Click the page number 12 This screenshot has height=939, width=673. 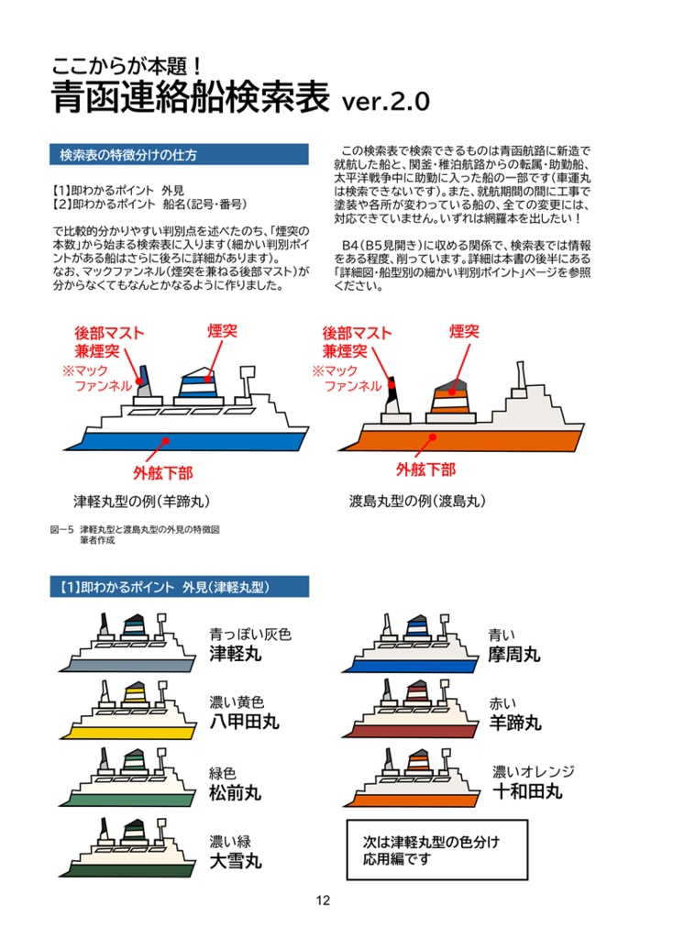click(x=322, y=900)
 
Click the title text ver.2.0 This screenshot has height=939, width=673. click(x=384, y=102)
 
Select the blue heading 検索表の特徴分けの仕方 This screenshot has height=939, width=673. click(x=128, y=154)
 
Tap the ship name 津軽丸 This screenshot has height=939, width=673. click(x=236, y=654)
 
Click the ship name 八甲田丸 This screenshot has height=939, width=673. click(x=244, y=722)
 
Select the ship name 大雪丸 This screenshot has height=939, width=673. click(x=236, y=860)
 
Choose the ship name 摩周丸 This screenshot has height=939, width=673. click(x=514, y=654)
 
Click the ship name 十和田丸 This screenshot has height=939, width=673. click(x=527, y=791)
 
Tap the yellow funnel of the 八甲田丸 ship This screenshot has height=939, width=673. click(x=134, y=690)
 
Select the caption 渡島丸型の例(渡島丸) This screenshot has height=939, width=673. click(x=417, y=502)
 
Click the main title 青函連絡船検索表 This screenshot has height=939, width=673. click(x=190, y=98)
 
